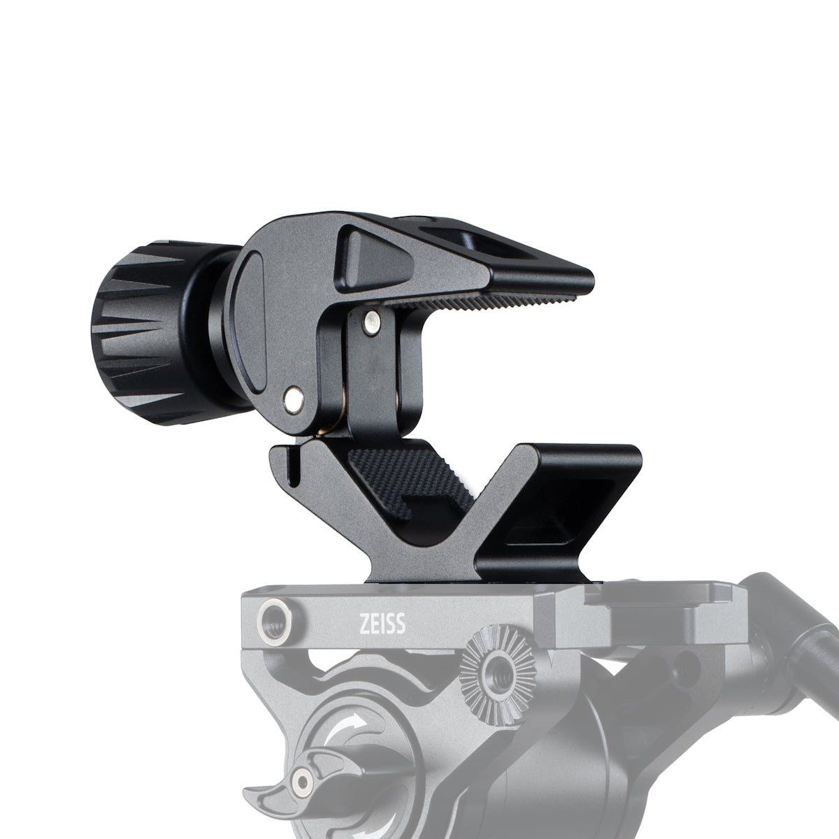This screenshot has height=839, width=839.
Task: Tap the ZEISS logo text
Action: click(382, 624)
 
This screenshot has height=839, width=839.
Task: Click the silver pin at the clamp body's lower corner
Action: click(294, 399)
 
